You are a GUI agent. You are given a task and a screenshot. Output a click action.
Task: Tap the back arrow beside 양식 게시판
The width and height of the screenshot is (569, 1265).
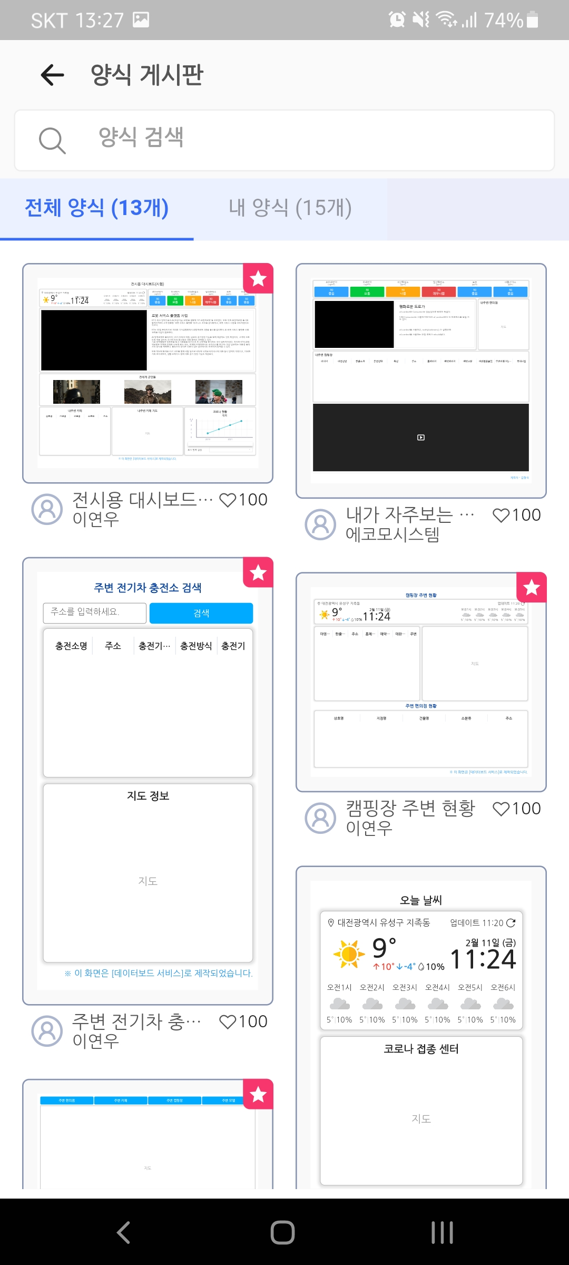click(x=52, y=75)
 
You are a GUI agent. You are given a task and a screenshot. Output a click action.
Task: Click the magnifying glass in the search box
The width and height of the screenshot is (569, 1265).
click(x=52, y=140)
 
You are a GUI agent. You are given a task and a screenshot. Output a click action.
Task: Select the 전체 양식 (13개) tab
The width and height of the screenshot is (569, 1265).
click(x=97, y=208)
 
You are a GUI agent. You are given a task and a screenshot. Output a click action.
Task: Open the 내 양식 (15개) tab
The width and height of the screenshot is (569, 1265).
click(x=290, y=208)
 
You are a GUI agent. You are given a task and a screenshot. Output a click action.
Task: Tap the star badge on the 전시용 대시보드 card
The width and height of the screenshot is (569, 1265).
click(x=258, y=278)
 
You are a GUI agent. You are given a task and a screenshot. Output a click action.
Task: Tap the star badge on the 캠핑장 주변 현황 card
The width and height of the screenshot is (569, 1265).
click(x=532, y=587)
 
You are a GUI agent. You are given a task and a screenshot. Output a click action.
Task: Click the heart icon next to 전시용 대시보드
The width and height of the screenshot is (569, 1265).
click(x=228, y=500)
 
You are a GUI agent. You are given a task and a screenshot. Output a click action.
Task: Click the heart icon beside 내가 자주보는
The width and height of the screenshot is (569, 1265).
click(x=501, y=515)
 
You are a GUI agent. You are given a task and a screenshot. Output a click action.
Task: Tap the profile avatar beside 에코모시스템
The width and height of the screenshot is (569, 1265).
click(x=320, y=524)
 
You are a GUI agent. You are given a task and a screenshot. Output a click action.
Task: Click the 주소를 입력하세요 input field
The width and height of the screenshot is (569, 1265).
click(x=95, y=612)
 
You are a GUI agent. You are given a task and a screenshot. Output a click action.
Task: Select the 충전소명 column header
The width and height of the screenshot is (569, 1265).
click(x=71, y=646)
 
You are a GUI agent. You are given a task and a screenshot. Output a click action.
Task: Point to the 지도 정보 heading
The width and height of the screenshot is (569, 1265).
click(x=148, y=796)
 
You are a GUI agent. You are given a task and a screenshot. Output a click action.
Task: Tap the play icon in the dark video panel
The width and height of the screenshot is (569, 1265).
click(x=420, y=437)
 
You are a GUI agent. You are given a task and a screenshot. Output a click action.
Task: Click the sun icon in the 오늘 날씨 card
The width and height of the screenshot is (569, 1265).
click(x=349, y=954)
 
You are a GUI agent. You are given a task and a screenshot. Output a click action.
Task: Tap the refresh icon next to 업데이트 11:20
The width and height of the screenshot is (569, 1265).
click(x=511, y=923)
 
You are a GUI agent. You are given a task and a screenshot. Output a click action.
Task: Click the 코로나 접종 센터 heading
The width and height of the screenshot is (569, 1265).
click(x=421, y=1049)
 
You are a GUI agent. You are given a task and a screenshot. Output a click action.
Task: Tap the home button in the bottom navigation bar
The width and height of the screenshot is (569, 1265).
click(x=283, y=1232)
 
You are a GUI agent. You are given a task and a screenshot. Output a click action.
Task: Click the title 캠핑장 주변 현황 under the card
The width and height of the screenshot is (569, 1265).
click(x=410, y=808)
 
